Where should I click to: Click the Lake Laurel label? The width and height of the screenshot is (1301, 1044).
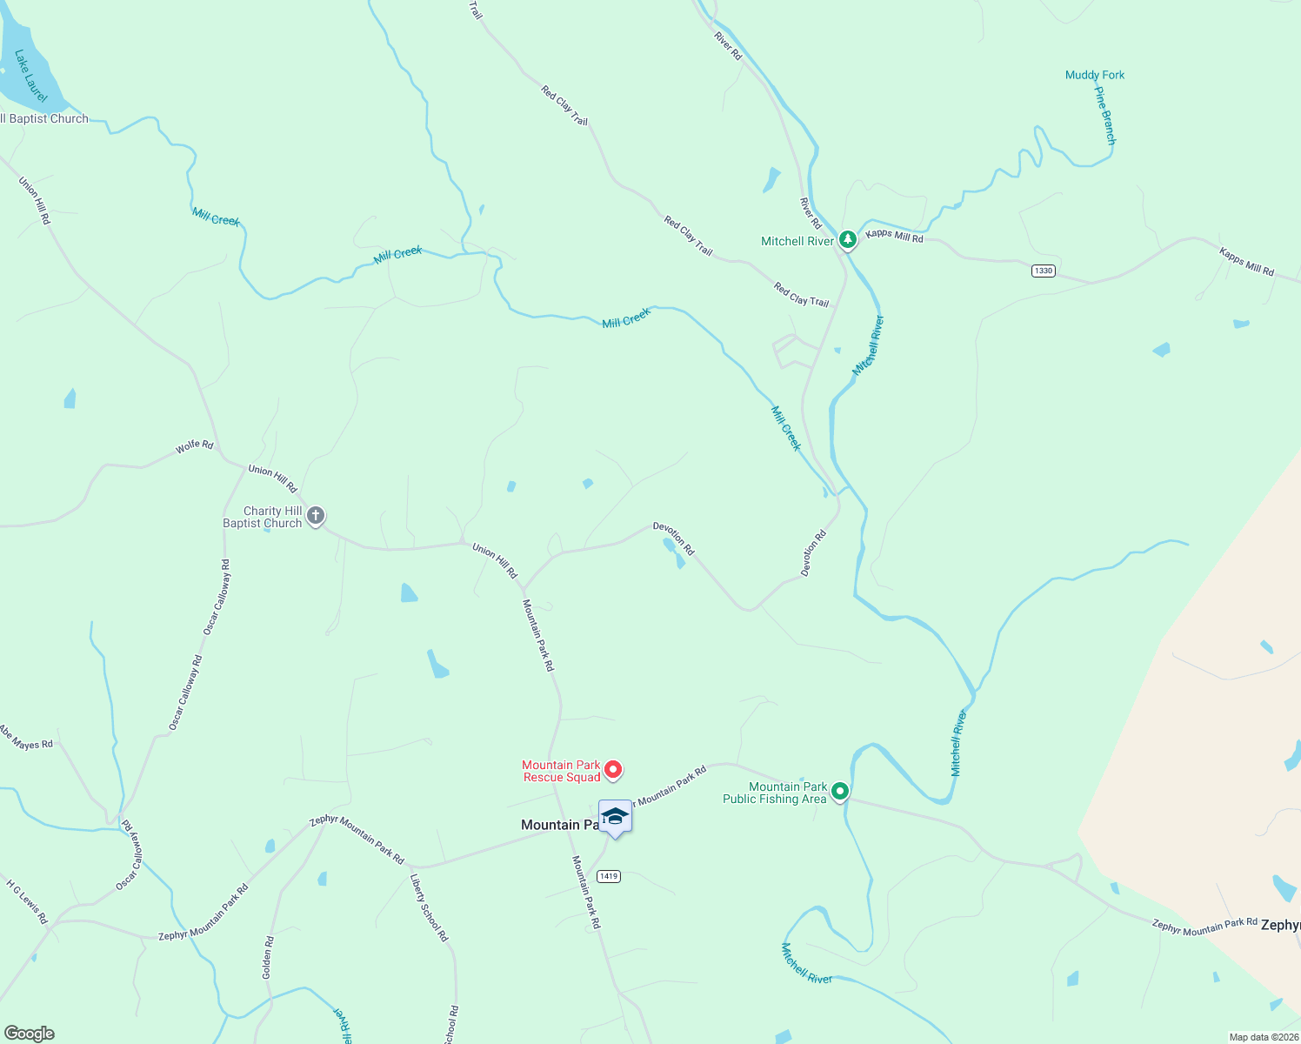[x=30, y=76]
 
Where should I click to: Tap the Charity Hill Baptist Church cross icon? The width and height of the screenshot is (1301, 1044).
[x=316, y=516]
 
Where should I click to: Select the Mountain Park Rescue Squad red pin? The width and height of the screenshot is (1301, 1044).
[x=613, y=770]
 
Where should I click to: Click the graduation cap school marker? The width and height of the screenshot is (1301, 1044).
[x=615, y=817]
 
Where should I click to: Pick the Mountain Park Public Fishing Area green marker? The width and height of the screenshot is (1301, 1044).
[x=840, y=792]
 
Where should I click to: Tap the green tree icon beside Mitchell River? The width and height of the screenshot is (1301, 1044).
[x=848, y=239]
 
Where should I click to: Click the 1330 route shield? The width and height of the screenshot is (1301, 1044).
[x=1043, y=271]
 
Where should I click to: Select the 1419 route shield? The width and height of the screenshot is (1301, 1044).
[x=609, y=876]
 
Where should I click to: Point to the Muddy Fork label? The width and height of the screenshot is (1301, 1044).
[x=1095, y=75]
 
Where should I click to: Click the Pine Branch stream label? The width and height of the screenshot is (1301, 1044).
[x=1104, y=115]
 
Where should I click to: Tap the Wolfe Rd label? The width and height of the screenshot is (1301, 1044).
[x=194, y=446]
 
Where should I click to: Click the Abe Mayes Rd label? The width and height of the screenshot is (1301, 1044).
[x=26, y=738]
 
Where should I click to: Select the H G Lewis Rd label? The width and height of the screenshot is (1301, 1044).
[x=27, y=901]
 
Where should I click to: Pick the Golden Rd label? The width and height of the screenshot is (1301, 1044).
[x=268, y=957]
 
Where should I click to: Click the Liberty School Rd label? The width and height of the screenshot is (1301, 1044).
[x=429, y=907]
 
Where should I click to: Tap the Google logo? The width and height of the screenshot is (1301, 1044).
[x=29, y=1034]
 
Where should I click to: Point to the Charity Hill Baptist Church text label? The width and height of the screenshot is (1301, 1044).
[x=262, y=517]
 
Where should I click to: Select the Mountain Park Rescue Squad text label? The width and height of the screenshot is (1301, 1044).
[x=561, y=771]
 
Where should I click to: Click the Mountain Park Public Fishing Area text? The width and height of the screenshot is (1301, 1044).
[x=775, y=793]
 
